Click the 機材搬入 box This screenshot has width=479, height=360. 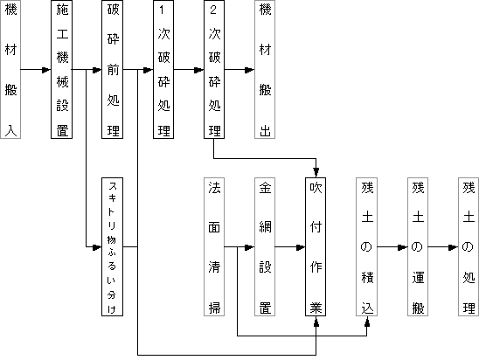pos(10,69)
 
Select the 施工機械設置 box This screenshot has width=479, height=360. pos(61,69)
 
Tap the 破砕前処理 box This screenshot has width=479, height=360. pos(113,69)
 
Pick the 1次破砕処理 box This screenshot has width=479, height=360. pos(163,69)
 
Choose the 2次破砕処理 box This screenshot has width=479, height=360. pos(214,69)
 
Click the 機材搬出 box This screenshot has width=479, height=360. pos(265,69)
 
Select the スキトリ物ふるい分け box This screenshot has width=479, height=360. pos(113,246)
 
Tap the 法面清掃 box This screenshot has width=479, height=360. pos(214,246)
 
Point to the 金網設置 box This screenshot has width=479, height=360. pos(265,246)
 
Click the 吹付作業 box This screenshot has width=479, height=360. pos(316,246)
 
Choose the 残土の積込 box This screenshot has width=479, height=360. pos(366,246)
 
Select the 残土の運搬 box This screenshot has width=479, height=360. pos(418,246)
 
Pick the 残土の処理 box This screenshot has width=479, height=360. pos(469,246)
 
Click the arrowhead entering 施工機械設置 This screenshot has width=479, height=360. pos(46,70)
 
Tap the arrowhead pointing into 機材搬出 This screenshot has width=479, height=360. pos(250,70)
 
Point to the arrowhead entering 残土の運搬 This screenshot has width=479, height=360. pos(403,247)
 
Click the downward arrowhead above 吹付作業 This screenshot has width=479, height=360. pos(316,172)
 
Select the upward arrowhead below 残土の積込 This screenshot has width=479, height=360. pos(367,321)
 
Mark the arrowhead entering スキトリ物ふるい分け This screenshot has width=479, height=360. pos(97,247)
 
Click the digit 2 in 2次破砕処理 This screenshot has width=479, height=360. pos(213,10)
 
